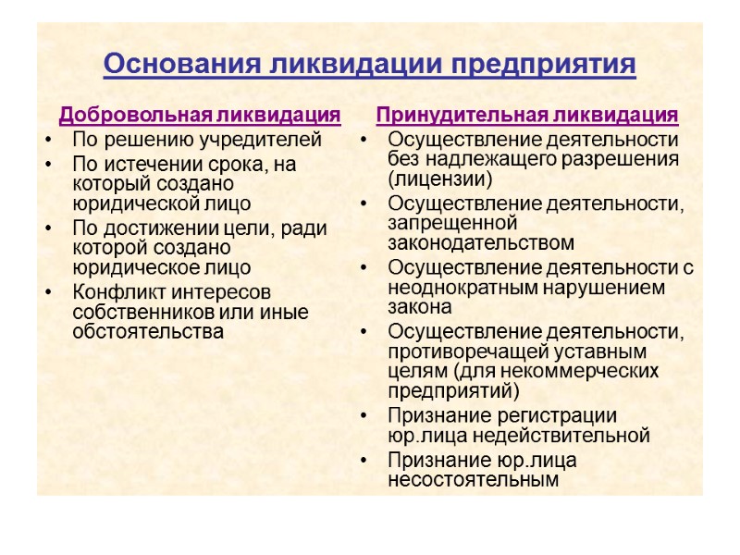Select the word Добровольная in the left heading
tap(134, 116)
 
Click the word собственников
tap(138, 312)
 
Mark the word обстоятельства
tap(147, 331)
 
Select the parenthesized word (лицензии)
tap(440, 179)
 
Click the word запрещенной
tap(450, 223)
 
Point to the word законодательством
tap(481, 243)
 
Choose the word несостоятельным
tap(474, 479)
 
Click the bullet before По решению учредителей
tap(47, 142)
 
